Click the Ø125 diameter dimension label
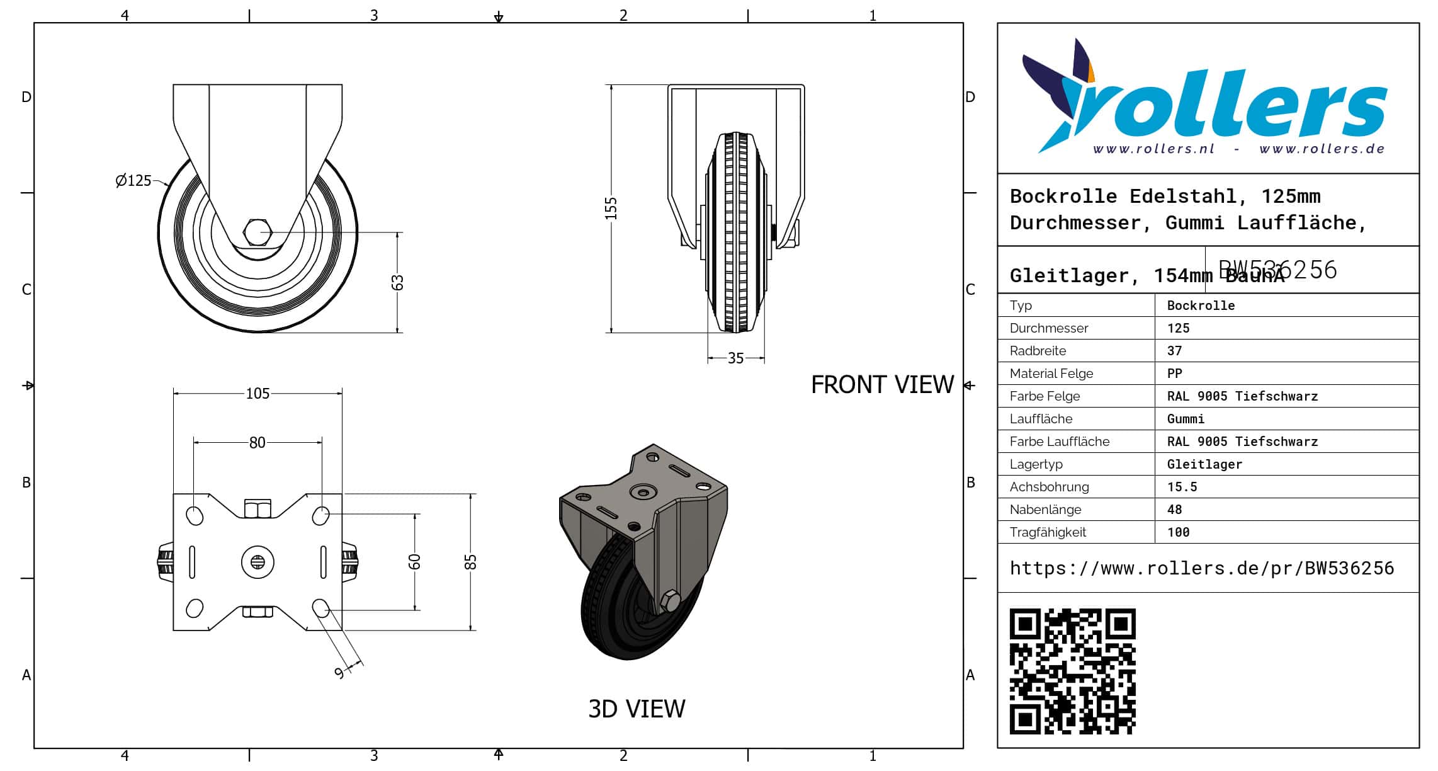click(133, 181)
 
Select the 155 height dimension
click(611, 208)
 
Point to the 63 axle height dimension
click(397, 283)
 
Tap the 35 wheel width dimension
click(735, 358)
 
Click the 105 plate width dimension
click(258, 394)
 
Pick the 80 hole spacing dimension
click(257, 443)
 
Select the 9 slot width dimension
click(339, 673)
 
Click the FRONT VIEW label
click(882, 385)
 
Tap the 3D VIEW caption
click(637, 709)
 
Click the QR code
click(1072, 671)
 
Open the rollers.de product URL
click(1201, 568)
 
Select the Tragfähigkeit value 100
click(1178, 532)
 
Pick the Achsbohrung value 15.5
click(1182, 487)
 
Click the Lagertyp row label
click(1036, 464)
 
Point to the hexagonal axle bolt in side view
click(257, 232)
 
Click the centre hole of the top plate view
click(258, 561)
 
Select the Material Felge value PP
click(1174, 374)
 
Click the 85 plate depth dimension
click(470, 562)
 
